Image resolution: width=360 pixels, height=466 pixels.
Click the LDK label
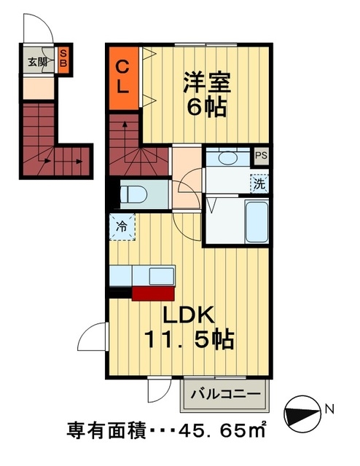tap(188, 315)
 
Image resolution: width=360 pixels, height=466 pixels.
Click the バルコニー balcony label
tap(225, 394)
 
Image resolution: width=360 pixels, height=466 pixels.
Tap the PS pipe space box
tap(261, 156)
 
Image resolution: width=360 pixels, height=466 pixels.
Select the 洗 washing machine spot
tap(259, 183)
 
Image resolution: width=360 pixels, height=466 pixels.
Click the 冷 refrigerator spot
tap(122, 226)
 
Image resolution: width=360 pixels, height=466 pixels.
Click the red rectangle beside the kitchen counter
tap(153, 293)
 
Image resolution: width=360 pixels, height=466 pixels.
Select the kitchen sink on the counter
tap(160, 277)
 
